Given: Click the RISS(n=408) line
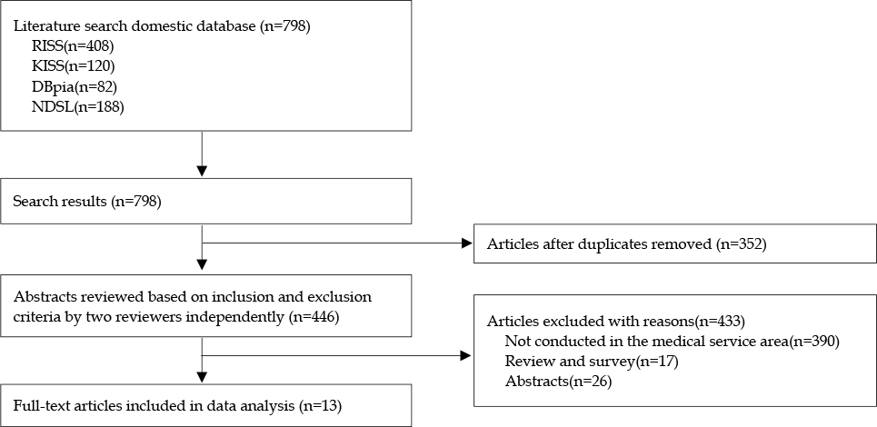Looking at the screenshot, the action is [x=73, y=46].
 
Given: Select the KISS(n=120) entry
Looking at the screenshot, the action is [x=74, y=66].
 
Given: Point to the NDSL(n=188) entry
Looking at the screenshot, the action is [x=78, y=107].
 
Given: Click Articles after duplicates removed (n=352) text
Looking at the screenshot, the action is [x=626, y=243].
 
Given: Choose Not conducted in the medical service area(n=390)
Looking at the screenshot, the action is [x=672, y=342].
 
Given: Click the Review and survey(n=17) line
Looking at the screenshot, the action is [x=592, y=362].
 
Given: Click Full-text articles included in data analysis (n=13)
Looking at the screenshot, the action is [x=177, y=406].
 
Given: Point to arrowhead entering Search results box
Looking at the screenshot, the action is [x=202, y=171].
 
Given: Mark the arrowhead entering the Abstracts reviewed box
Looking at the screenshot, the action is [x=202, y=263].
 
